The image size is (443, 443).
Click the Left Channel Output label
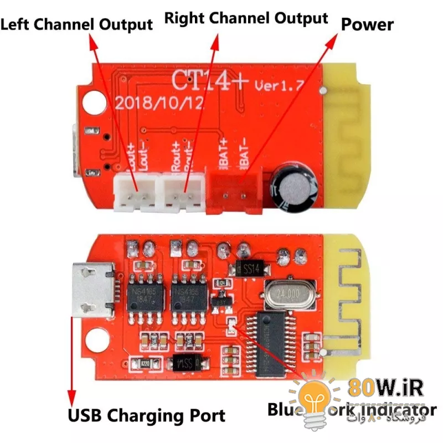[x=77, y=24]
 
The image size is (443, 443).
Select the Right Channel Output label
[x=246, y=18]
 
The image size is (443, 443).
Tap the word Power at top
[x=367, y=24]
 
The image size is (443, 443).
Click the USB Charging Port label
[x=146, y=415]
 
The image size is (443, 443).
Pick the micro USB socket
[x=92, y=290]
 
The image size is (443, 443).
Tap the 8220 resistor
[x=146, y=363]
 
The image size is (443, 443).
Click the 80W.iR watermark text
[x=393, y=388]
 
